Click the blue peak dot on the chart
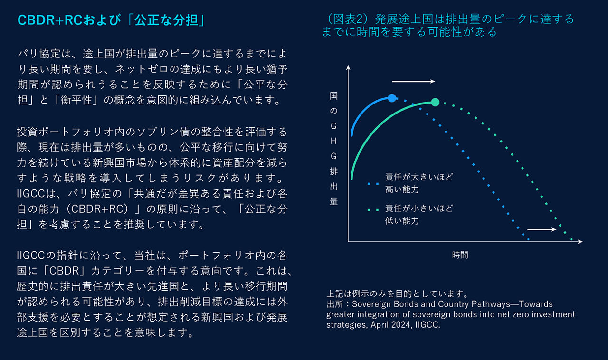(x=392, y=98)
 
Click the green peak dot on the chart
(x=435, y=102)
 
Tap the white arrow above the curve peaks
(x=414, y=82)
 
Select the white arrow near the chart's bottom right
(x=542, y=230)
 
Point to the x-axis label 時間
(x=460, y=255)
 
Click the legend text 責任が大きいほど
(x=419, y=177)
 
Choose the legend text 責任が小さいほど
(x=419, y=208)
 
